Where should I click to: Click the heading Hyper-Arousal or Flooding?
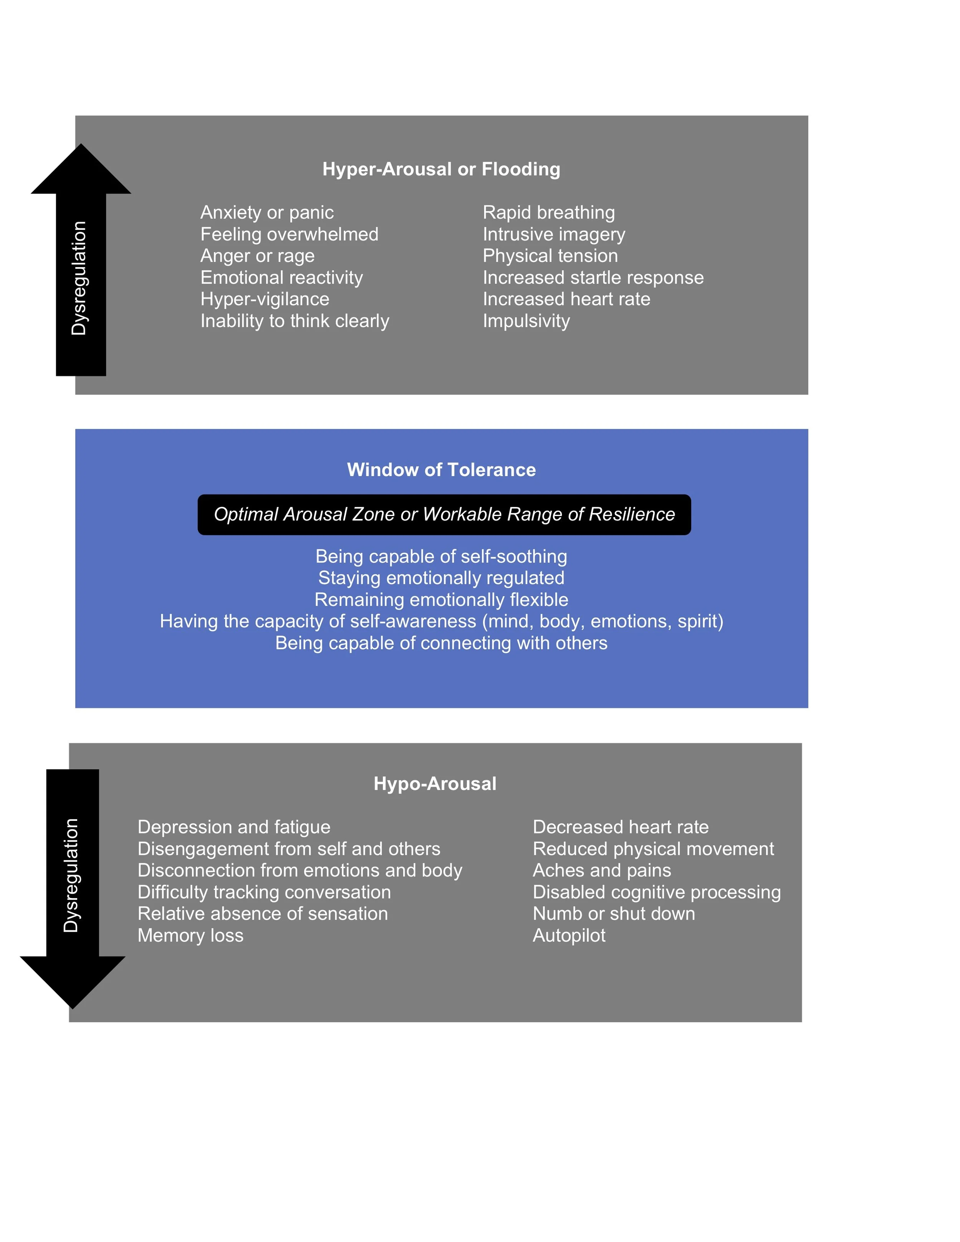(441, 169)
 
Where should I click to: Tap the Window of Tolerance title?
(441, 470)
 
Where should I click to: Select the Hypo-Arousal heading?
(435, 784)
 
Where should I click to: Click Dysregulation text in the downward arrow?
(71, 875)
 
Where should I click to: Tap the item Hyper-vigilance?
(265, 299)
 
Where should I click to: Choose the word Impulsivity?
(526, 321)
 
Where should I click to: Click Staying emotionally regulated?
(441, 578)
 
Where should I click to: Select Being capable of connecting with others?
(441, 643)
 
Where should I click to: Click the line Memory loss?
(190, 936)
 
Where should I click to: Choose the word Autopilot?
(569, 936)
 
